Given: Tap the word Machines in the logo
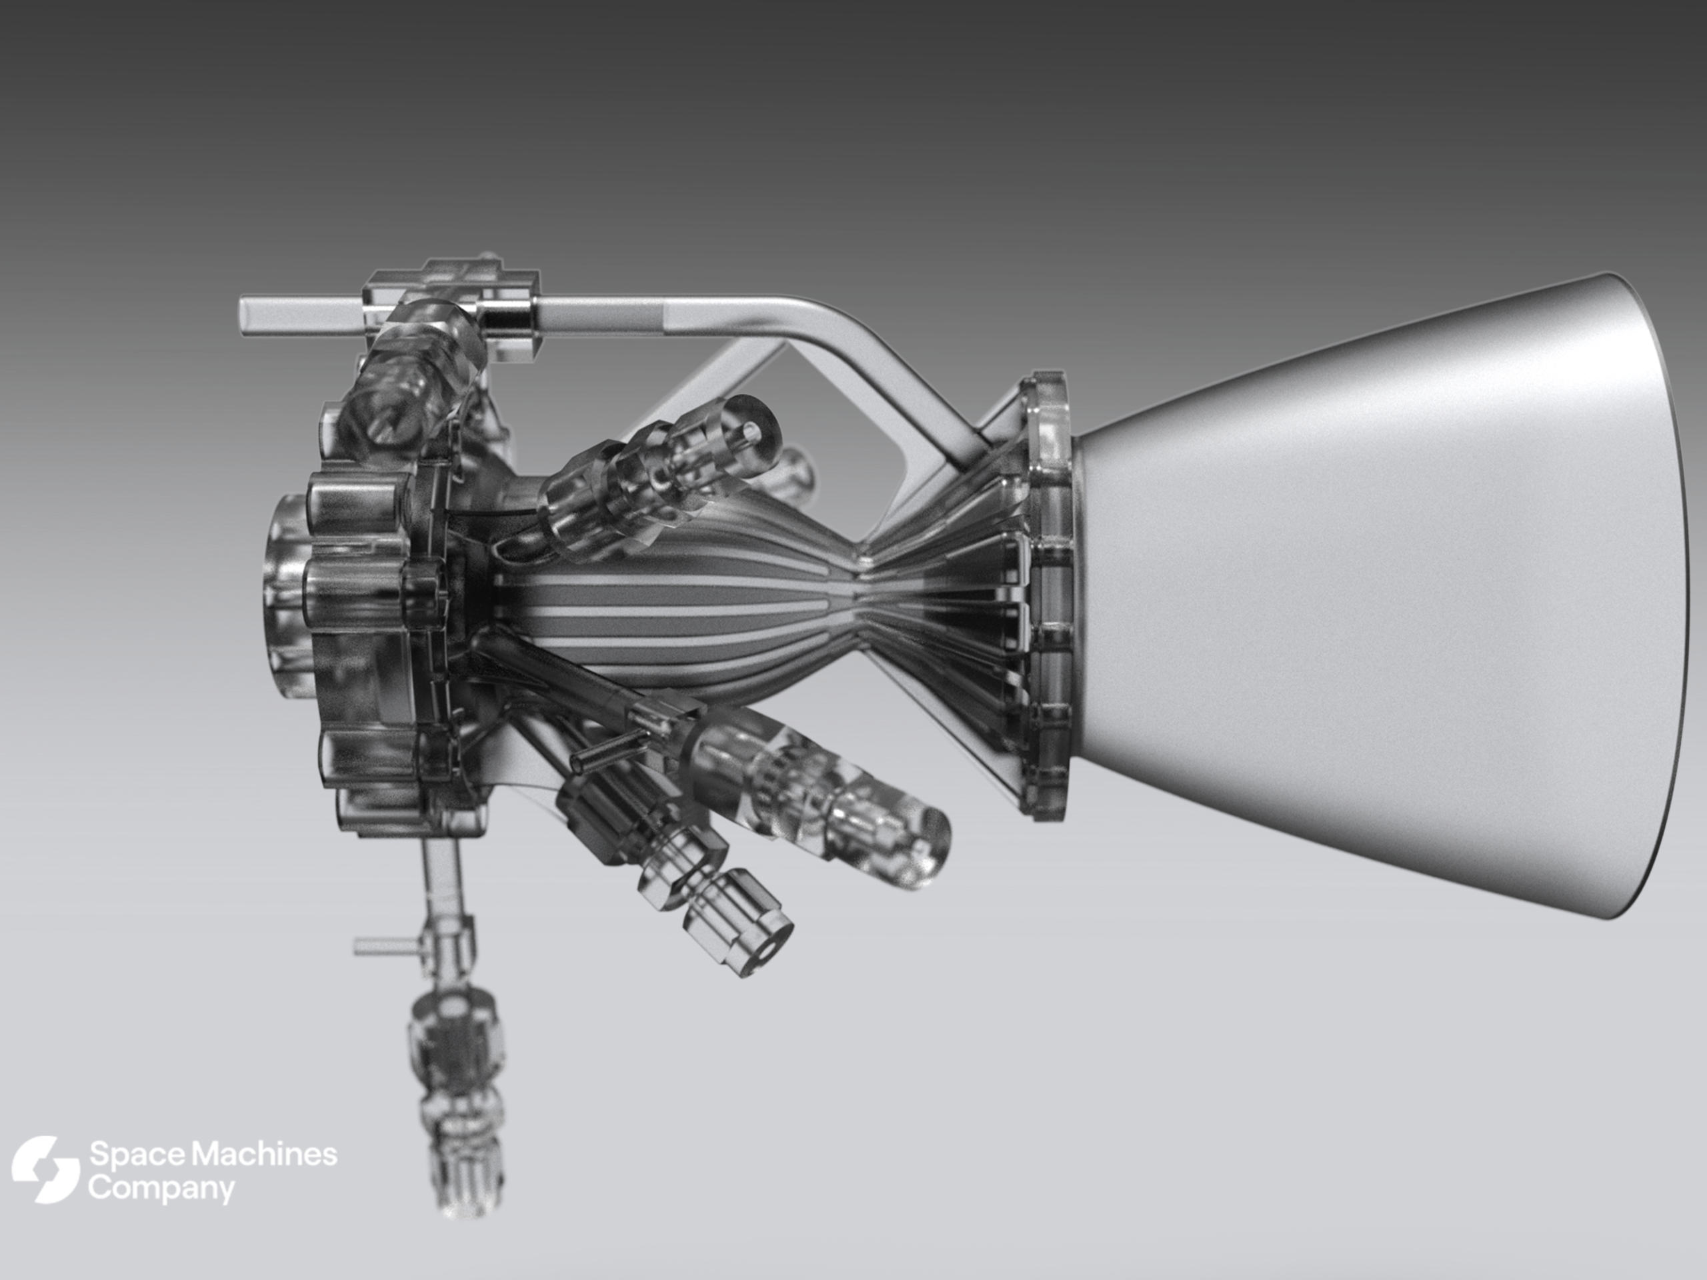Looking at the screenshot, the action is (x=264, y=1155).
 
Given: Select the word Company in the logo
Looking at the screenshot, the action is (x=161, y=1190).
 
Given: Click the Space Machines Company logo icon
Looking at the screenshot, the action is (x=45, y=1169).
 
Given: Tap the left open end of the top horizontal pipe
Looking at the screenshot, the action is (x=245, y=317).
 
